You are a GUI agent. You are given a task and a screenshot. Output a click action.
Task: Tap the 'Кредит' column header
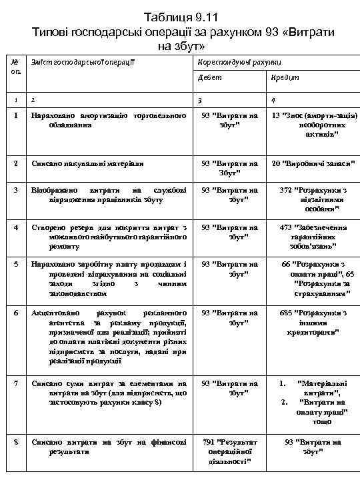[280, 79]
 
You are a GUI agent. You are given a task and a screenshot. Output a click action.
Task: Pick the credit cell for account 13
[313, 125]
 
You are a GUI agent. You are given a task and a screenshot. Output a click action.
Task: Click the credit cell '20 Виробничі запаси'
[313, 163]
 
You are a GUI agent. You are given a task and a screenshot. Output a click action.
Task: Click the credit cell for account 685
[313, 322]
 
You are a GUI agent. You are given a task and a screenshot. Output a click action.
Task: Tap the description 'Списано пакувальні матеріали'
[87, 163]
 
